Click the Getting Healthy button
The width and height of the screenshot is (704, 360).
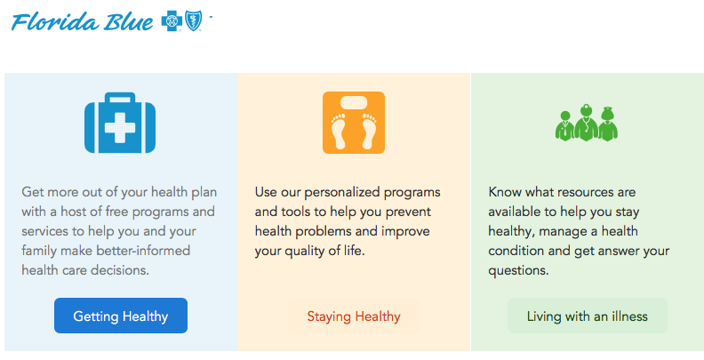coord(121,316)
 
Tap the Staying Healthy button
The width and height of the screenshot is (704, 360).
coord(354,316)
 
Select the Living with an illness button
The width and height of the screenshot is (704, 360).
coord(588,316)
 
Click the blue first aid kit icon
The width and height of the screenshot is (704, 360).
coord(120,123)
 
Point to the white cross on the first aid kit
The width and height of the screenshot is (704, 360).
coord(120,128)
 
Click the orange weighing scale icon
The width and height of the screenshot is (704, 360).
coord(354,123)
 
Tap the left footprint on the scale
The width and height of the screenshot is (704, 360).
coord(339,131)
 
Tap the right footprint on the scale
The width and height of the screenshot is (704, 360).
coord(369,131)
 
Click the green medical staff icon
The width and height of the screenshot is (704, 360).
coord(587,123)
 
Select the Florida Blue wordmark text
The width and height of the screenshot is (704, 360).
coord(82,21)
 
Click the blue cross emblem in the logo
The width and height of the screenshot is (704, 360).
coord(172,21)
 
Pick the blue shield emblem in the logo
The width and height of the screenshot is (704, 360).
coord(194,20)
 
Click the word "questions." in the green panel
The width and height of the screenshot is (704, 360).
coord(518,271)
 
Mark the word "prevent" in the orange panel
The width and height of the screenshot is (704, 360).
coord(409,212)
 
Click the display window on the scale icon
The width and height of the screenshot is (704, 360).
coord(354,103)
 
